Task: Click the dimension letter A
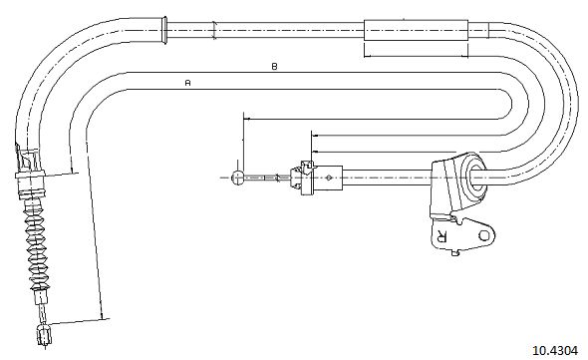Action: [x=188, y=82]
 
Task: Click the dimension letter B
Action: [x=274, y=67]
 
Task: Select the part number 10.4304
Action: [x=555, y=351]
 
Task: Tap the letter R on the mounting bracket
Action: [x=441, y=235]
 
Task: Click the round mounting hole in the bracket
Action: [x=484, y=235]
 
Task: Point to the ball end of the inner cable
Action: [x=238, y=178]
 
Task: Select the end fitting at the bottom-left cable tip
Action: [x=44, y=335]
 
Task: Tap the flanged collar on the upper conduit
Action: [x=163, y=30]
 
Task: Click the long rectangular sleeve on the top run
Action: [x=417, y=30]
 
